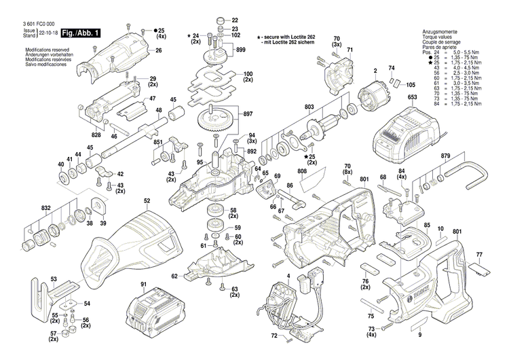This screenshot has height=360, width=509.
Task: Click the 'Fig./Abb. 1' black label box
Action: click(81, 33)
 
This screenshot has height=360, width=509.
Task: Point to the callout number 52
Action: click(147, 200)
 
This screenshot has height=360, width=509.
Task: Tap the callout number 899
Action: click(241, 51)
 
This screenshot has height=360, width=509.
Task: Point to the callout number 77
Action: click(480, 255)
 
